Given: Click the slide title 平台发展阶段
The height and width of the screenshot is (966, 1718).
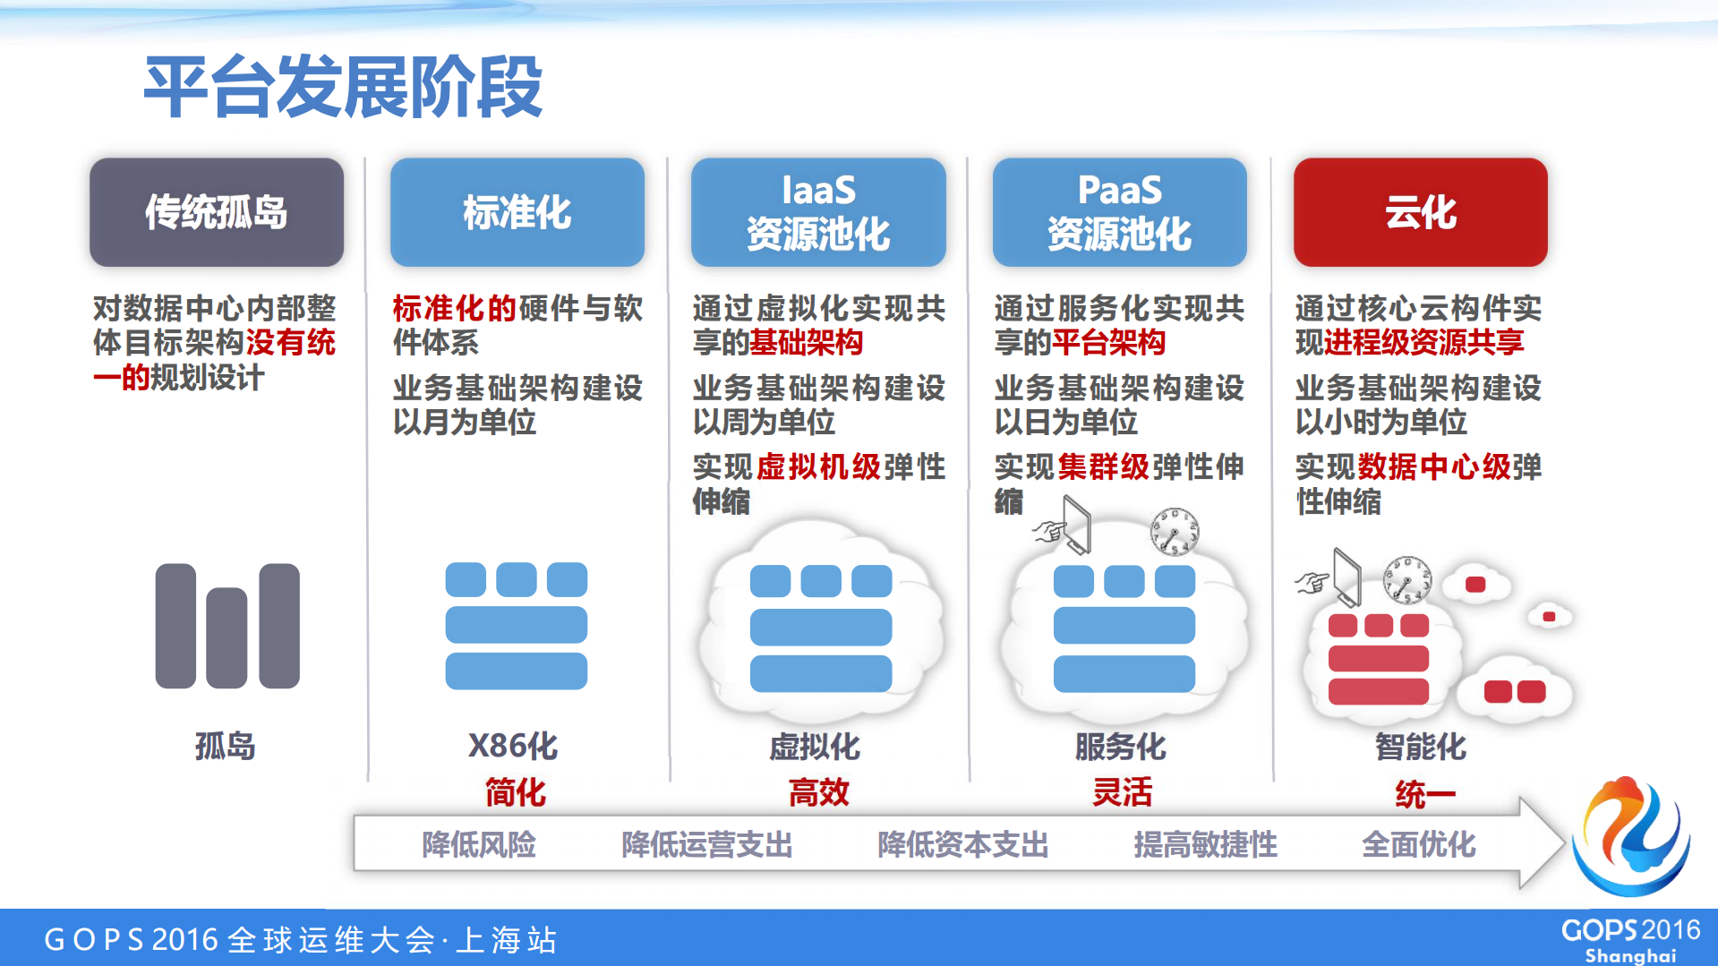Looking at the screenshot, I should tap(344, 87).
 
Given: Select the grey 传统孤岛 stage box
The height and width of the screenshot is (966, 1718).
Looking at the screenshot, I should tap(217, 212).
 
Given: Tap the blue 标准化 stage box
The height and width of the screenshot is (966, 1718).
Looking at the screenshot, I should tap(517, 212).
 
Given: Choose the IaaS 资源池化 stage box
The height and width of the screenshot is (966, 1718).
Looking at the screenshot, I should tap(818, 212).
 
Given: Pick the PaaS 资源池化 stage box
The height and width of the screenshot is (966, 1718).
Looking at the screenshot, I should tap(1119, 212).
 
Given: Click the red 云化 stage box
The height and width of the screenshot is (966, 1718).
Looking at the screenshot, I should tap(1420, 212).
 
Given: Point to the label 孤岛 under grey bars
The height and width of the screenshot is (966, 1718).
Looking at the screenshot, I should tap(225, 746).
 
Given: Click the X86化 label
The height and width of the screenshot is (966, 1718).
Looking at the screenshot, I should tap(513, 746).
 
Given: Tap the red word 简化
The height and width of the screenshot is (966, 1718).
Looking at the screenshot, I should tap(515, 792).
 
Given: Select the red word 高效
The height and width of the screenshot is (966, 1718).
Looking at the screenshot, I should tap(818, 792).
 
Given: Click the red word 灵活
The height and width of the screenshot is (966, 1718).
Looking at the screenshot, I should tap(1122, 792).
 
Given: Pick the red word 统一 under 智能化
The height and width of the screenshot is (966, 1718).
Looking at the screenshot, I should tap(1424, 794).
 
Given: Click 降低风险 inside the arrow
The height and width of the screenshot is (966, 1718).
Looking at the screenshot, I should tap(479, 844).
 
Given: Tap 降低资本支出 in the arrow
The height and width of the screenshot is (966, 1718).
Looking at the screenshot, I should tap(962, 844).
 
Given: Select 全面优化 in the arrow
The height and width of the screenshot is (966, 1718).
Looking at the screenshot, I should tap(1418, 844).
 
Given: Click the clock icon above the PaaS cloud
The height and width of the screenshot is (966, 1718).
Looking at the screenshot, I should tap(1174, 532).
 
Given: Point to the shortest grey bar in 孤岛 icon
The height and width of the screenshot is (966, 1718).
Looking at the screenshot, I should tap(227, 637).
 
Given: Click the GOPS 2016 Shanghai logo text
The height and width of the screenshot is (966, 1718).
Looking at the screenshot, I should tap(1629, 939).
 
